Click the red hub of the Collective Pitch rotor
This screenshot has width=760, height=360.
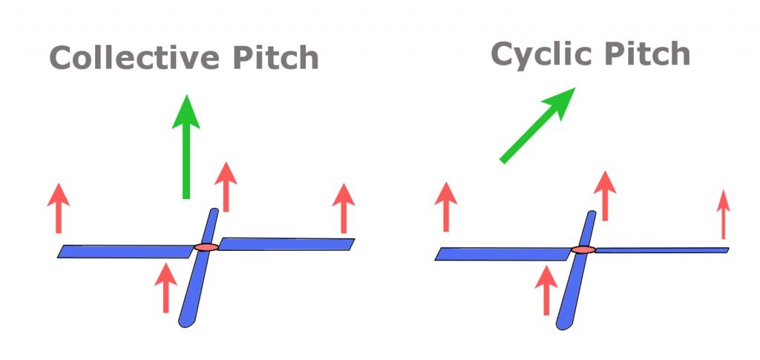(206, 246)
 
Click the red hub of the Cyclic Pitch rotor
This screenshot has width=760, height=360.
(583, 250)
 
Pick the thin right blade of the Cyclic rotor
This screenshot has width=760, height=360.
(661, 250)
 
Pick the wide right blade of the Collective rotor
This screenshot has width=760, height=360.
(286, 243)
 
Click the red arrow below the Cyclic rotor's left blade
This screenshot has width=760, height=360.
(546, 289)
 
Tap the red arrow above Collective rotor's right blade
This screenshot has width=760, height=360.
(343, 208)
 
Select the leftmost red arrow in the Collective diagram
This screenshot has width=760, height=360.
(58, 208)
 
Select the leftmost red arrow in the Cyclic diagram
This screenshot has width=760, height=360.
(445, 206)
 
